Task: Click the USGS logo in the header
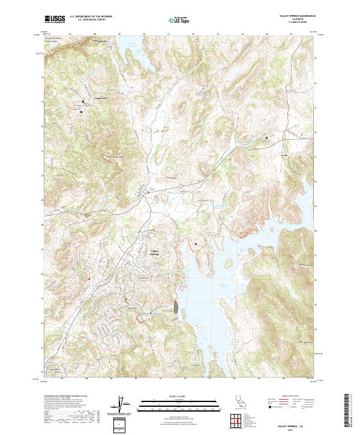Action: (x=55, y=19)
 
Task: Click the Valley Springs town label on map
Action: (x=155, y=252)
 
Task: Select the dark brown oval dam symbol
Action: (x=175, y=308)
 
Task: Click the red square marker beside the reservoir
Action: (x=196, y=244)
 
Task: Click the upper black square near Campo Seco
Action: (x=83, y=103)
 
